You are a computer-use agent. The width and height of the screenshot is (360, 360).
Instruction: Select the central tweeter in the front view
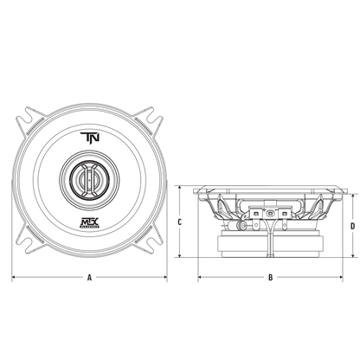(x=89, y=181)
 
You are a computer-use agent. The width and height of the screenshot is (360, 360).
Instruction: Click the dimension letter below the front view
(x=89, y=278)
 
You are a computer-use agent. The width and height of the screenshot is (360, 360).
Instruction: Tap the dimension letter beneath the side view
(x=272, y=278)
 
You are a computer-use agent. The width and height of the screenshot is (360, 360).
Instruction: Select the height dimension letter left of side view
(x=179, y=222)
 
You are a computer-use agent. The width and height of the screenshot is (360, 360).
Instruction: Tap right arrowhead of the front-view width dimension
(x=168, y=278)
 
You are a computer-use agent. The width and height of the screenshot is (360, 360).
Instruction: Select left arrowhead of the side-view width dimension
(x=200, y=278)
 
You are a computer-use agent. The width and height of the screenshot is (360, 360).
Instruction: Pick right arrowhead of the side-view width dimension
(x=344, y=278)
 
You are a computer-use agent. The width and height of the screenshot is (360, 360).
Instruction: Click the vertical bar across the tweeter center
(x=89, y=181)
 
